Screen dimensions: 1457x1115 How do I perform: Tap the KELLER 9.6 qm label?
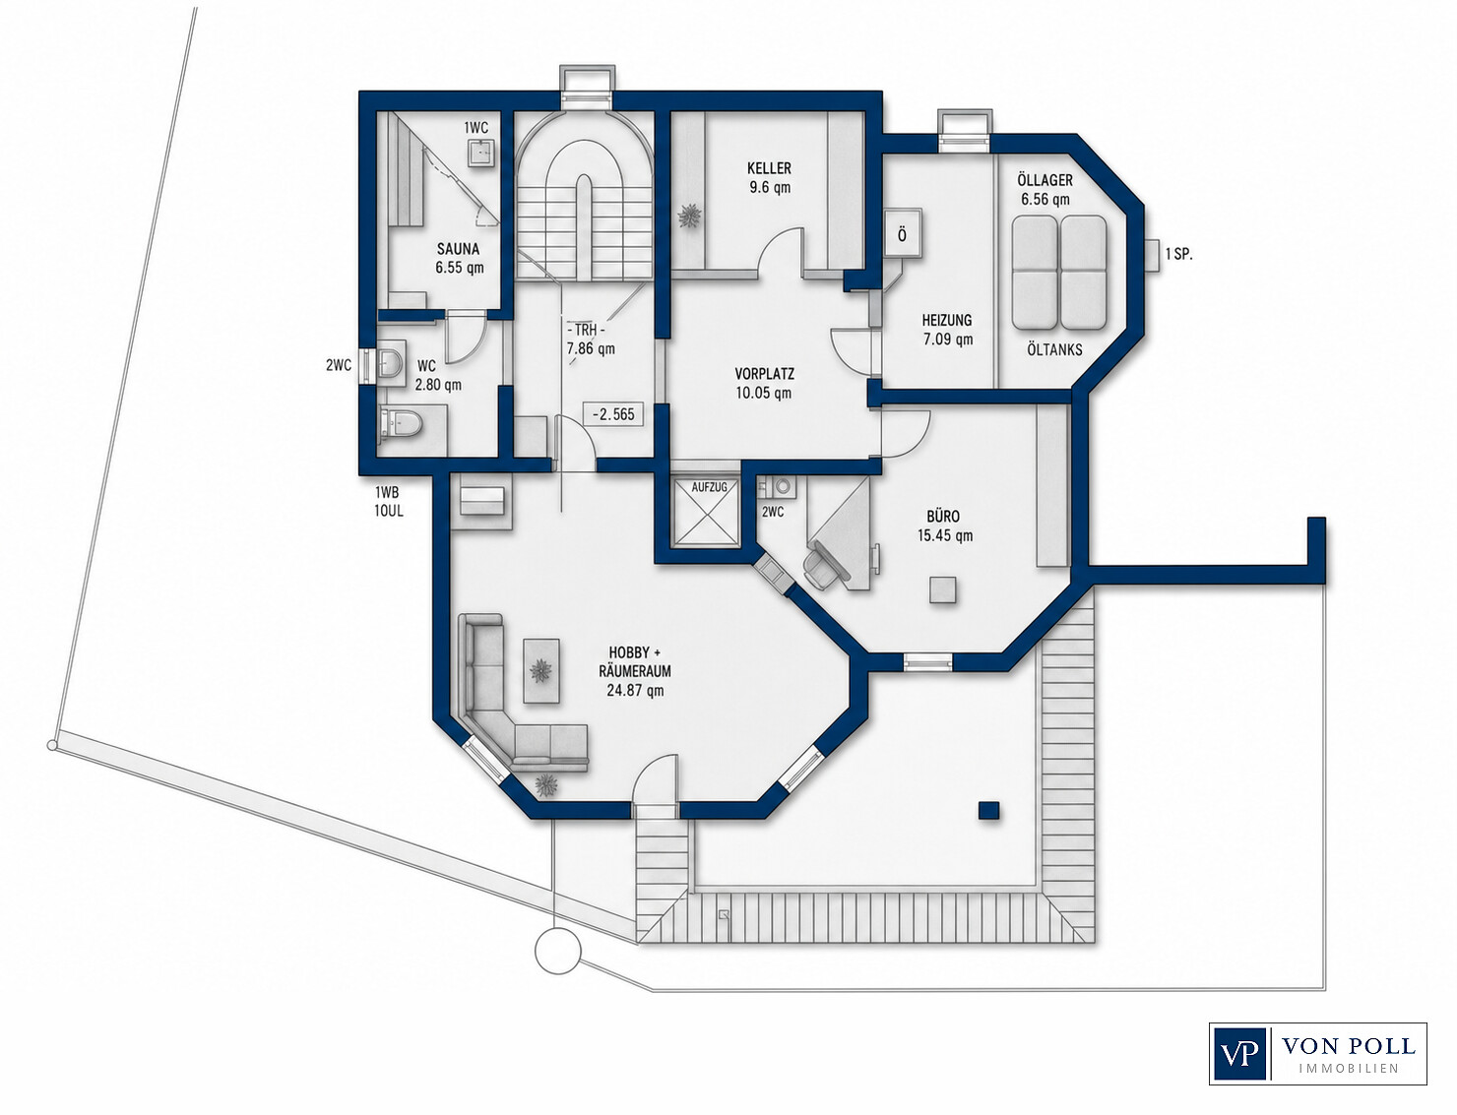(x=769, y=177)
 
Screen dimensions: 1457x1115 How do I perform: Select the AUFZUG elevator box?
(x=709, y=512)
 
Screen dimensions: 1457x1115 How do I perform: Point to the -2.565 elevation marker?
(x=613, y=414)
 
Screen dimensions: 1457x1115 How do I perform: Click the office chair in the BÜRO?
(x=823, y=563)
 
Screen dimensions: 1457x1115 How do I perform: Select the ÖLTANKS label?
(x=1054, y=349)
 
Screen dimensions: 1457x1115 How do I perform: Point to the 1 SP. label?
(x=1178, y=254)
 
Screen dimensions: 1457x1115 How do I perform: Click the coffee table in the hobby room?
(x=541, y=671)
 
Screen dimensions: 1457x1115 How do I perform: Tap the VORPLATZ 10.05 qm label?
(x=764, y=383)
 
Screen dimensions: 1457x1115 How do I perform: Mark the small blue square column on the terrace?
(x=989, y=810)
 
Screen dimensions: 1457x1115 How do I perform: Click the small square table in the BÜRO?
(x=943, y=589)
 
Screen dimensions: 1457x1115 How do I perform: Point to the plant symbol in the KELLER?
(x=689, y=217)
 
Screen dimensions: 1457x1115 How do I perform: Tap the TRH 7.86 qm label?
(x=589, y=340)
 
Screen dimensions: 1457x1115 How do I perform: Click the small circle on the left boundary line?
(x=51, y=744)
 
